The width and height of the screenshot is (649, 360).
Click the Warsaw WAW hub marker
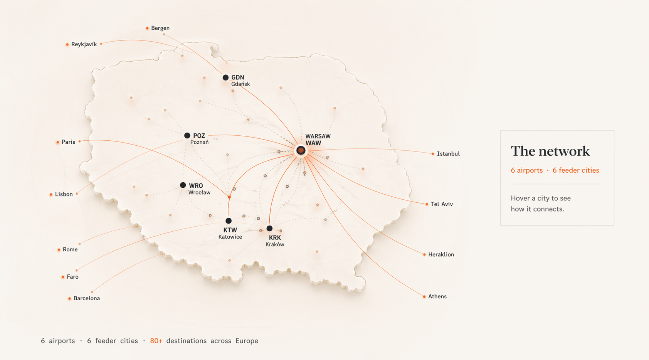[301, 150]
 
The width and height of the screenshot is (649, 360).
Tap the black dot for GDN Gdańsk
[225, 77]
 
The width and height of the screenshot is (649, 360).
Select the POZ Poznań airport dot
[187, 135]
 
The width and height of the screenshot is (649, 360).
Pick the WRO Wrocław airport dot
[183, 185]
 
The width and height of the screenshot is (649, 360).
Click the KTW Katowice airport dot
[229, 221]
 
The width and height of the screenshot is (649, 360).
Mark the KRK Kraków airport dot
[269, 229]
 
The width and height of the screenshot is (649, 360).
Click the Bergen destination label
[160, 28]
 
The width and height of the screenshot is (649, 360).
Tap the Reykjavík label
[84, 44]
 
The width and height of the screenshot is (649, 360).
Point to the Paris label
[68, 142]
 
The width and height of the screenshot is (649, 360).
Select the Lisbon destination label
[64, 194]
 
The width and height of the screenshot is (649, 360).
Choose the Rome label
[70, 249]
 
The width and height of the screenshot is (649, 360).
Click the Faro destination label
[72, 277]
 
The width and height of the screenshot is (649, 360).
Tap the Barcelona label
[86, 298]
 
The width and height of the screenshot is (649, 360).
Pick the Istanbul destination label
[448, 154]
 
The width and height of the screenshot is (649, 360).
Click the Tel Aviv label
[442, 204]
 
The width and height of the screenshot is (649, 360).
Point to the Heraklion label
[441, 254]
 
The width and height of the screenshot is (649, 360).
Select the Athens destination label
[437, 296]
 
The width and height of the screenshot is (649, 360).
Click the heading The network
[550, 151]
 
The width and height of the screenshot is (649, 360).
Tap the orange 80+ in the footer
[156, 341]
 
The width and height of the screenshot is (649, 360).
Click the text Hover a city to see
[540, 198]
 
